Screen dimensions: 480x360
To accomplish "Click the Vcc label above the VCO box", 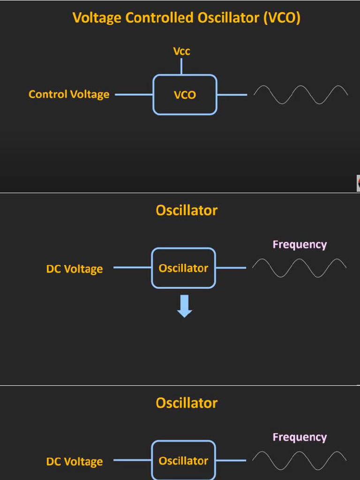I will [181, 51].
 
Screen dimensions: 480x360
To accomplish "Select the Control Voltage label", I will [69, 94].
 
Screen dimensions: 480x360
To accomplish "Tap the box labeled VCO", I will [185, 95].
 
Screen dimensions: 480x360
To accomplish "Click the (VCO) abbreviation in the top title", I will [282, 18].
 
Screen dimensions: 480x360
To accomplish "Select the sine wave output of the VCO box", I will [300, 94].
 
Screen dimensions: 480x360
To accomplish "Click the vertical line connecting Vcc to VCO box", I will [181, 66].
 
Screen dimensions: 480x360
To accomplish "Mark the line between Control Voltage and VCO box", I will [134, 94].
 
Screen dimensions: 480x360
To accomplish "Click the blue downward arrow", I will [185, 306].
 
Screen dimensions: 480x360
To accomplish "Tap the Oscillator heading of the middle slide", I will [187, 210].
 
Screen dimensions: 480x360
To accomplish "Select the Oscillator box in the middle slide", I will [183, 268].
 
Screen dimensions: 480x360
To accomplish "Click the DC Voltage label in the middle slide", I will [74, 269].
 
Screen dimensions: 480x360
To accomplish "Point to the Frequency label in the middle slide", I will [300, 244].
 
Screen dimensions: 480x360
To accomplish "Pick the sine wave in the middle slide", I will [299, 268].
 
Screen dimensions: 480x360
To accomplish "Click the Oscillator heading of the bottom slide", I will [187, 403].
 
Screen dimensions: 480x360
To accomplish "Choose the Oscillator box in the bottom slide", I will [183, 460].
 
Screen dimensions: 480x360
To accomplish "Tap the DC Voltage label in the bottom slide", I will [74, 462].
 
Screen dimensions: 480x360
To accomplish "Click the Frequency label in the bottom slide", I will [300, 437].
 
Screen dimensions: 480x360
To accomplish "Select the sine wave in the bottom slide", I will [299, 460].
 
